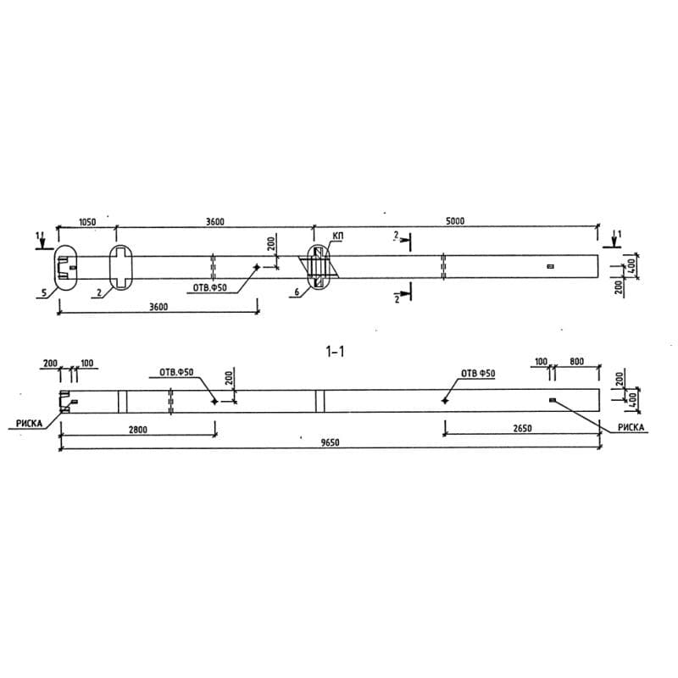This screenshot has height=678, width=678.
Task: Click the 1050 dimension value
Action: click(87, 221)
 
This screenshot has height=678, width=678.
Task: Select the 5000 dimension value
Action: click(455, 221)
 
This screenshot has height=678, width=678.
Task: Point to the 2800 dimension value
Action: click(138, 430)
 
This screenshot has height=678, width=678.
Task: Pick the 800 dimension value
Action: click(577, 363)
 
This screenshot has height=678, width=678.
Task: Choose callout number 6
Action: click(297, 292)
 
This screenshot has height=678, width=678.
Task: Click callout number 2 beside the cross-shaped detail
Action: click(99, 292)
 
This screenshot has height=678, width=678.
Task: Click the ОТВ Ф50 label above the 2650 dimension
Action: click(477, 373)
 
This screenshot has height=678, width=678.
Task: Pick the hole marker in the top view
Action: click(256, 267)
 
